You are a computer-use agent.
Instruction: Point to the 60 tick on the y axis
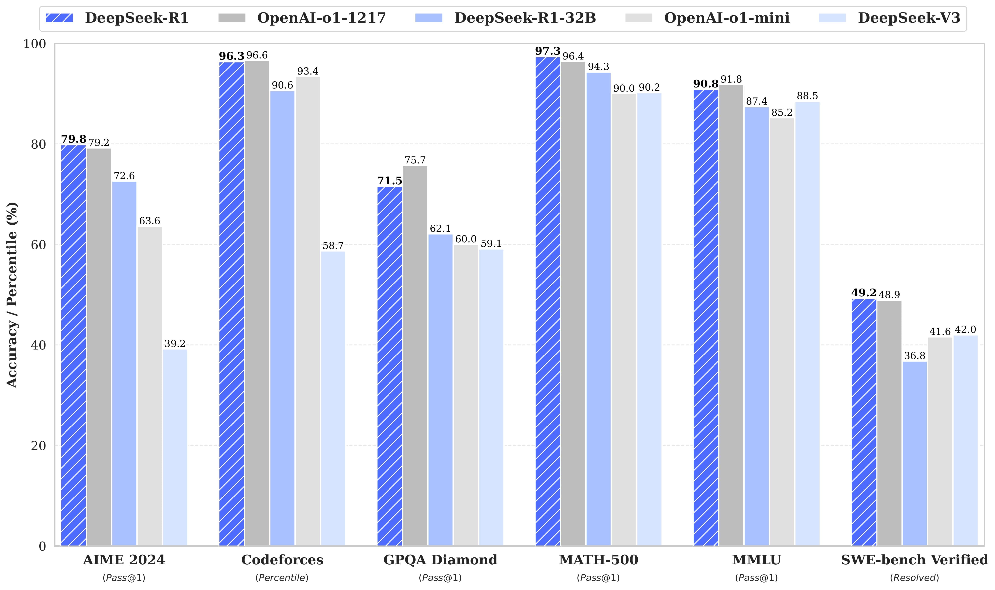(39, 245)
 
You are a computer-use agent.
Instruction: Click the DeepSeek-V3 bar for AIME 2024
(175, 447)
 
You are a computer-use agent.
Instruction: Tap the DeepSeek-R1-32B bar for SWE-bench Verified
(914, 453)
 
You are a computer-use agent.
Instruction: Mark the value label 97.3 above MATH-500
(548, 51)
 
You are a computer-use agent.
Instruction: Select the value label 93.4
(307, 71)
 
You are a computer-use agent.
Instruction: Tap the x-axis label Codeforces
(282, 560)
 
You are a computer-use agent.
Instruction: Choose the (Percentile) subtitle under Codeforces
(282, 578)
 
